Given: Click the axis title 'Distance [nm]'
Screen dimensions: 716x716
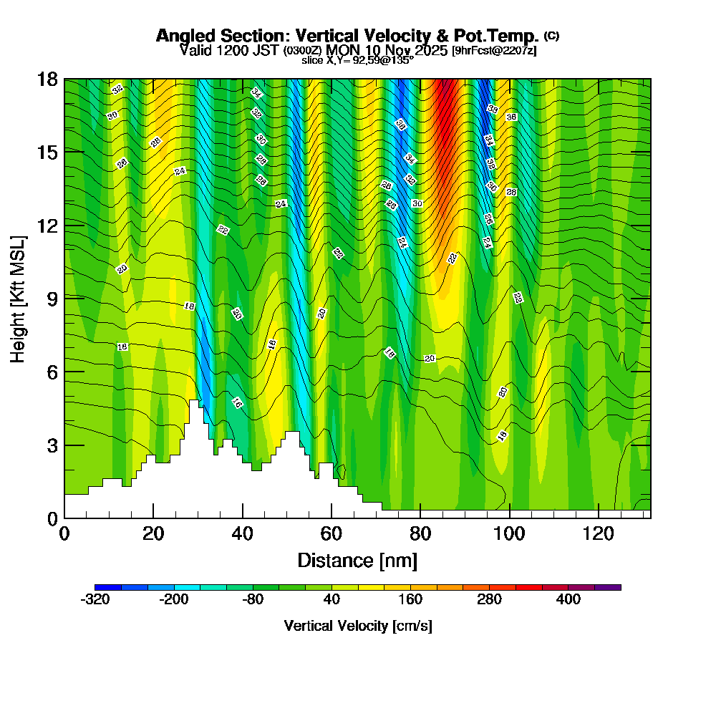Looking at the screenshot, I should [357, 560].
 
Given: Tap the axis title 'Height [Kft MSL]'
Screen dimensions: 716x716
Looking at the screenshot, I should [19, 297].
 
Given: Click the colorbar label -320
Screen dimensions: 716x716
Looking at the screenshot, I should [95, 600].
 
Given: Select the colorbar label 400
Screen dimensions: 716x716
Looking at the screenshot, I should [569, 600].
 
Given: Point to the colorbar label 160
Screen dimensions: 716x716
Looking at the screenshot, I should [410, 600].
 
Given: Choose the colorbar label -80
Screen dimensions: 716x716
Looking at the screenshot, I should [253, 600].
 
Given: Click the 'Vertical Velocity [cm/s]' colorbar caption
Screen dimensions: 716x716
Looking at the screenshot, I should [357, 626].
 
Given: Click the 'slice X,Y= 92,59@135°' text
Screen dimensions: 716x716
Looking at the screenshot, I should [357, 61].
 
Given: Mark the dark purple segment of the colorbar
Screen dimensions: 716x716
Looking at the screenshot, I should [608, 587].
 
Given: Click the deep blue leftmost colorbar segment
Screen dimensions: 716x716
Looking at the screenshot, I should [107, 587].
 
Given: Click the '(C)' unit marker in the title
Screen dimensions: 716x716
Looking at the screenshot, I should [551, 34].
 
